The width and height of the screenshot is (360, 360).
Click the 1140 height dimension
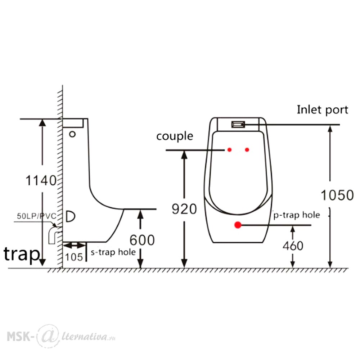(x=41, y=180)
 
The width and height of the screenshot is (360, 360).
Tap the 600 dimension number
(x=142, y=240)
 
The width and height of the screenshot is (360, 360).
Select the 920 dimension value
(x=184, y=209)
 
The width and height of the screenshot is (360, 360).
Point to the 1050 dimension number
(x=337, y=195)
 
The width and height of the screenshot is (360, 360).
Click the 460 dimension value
(x=293, y=246)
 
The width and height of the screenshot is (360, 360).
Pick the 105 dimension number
(x=74, y=257)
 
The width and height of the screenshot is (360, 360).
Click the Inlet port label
(x=322, y=110)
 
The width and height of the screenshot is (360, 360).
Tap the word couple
(x=175, y=136)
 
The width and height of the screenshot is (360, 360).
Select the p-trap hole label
(x=297, y=215)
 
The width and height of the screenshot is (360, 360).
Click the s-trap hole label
(x=113, y=252)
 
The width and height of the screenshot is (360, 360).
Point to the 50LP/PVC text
(x=36, y=216)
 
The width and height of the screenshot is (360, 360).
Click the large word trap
(x=22, y=254)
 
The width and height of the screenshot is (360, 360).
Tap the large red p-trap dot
(x=238, y=225)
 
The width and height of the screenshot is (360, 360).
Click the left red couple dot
(x=229, y=150)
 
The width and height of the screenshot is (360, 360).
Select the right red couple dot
(x=247, y=150)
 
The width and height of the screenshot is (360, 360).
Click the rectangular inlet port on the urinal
(x=238, y=125)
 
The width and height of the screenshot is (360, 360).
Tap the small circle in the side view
(x=72, y=134)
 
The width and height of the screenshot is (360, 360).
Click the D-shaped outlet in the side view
(x=71, y=216)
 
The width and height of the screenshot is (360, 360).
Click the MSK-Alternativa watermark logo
(x=61, y=337)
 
